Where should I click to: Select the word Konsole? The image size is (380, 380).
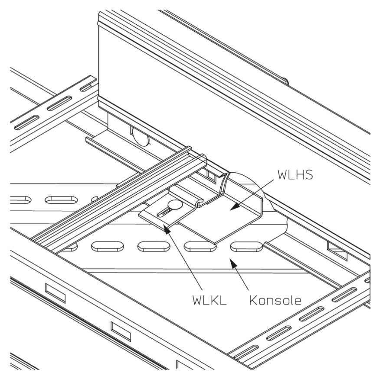pyautogui.click(x=275, y=300)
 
